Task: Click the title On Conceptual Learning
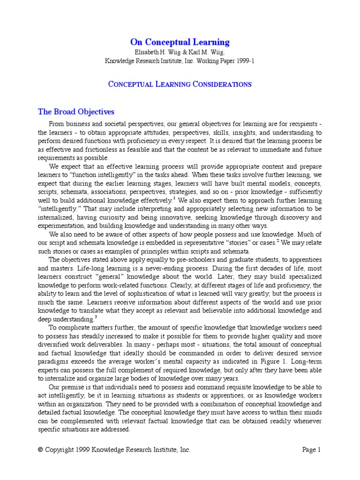(x=180, y=42)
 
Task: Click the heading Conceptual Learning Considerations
(x=180, y=84)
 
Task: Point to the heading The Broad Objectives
(x=76, y=112)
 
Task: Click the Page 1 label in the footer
(x=311, y=450)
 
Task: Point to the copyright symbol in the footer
(x=41, y=450)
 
